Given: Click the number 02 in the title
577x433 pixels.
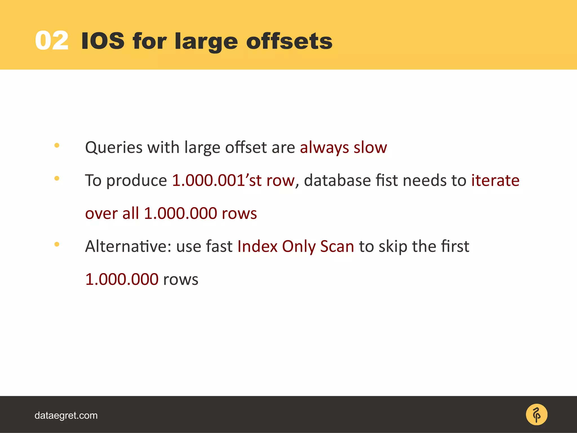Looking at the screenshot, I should (x=52, y=41).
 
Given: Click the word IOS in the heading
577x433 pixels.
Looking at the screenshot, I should (x=103, y=41).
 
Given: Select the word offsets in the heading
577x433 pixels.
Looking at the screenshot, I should (x=289, y=41).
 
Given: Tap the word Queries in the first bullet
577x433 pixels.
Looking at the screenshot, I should (x=114, y=147).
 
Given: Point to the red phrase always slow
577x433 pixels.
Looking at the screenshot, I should (x=343, y=147).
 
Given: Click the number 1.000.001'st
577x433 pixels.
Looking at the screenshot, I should (x=217, y=180).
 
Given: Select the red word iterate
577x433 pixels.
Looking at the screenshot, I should (x=495, y=180).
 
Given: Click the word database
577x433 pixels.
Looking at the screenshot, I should (x=337, y=180).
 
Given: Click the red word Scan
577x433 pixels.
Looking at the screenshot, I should (x=337, y=246).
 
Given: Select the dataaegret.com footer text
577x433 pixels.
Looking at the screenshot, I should (x=66, y=416).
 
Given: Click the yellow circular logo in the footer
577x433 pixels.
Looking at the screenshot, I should (x=536, y=415).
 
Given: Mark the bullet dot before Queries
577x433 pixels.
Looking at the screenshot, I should (x=57, y=145).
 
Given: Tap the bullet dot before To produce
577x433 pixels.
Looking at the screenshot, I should (x=57, y=178).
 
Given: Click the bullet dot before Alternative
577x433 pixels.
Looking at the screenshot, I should (x=57, y=244).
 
